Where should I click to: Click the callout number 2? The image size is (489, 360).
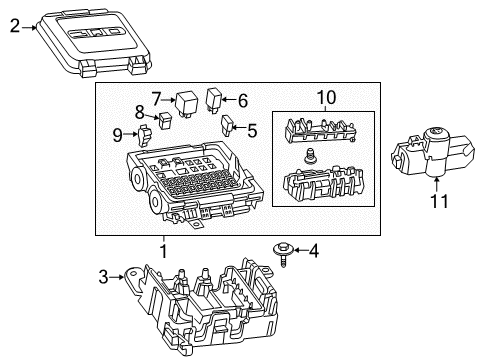pyautogui.click(x=14, y=28)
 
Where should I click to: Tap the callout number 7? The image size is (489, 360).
pyautogui.click(x=157, y=98)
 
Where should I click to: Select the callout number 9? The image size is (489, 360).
pyautogui.click(x=118, y=133)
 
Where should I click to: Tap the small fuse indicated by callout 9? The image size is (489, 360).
pyautogui.click(x=146, y=130)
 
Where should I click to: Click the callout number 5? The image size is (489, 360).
pyautogui.click(x=251, y=129)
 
